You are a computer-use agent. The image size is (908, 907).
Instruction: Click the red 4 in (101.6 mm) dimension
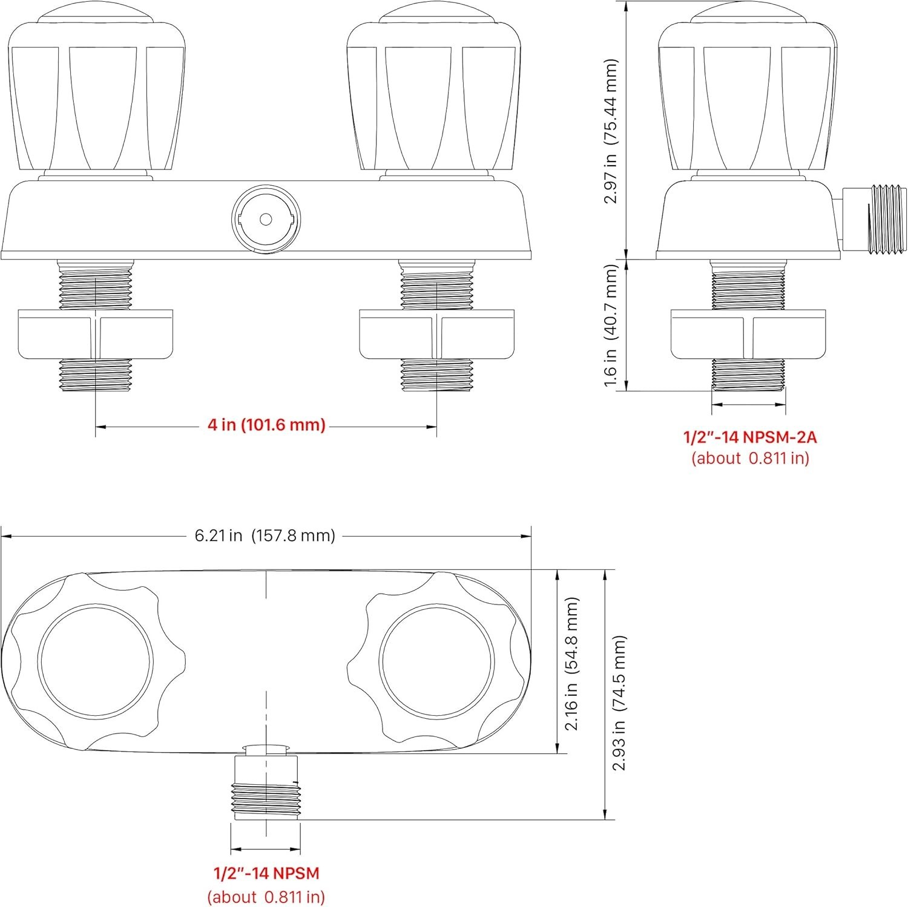266,425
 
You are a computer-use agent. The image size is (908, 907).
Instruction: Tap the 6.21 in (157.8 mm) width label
265,535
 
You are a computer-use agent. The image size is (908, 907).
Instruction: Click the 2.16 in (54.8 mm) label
572,664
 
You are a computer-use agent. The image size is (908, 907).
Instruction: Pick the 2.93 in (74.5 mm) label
619,703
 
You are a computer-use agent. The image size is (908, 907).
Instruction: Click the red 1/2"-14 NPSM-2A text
750,436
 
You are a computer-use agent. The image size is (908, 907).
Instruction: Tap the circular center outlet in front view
266,218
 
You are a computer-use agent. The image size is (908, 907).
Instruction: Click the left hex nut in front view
96,335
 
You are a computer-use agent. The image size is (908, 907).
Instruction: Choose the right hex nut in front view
437,335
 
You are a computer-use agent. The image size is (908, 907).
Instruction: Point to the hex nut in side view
748,335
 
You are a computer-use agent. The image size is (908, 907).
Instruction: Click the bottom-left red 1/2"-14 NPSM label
266,873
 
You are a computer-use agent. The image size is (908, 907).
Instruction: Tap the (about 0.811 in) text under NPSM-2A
750,458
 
